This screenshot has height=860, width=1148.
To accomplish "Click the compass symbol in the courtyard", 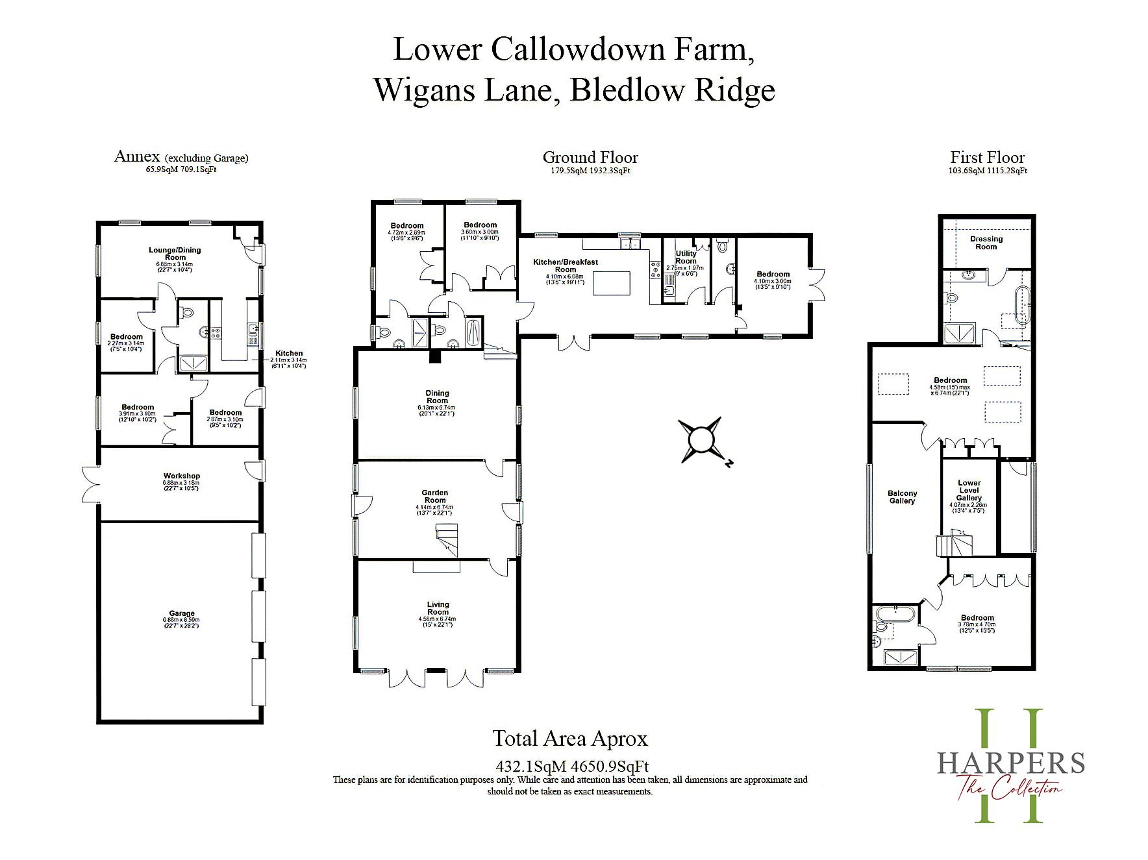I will (701, 439).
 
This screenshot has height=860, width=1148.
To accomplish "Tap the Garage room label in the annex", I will (182, 613).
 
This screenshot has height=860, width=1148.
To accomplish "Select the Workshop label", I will (182, 476).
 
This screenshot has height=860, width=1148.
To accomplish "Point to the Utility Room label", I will (686, 257).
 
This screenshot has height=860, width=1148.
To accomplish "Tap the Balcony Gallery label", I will (902, 497).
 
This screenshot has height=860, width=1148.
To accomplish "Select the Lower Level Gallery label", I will (969, 490).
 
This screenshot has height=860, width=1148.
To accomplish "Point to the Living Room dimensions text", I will (438, 622).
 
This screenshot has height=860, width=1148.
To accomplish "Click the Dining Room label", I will (437, 397).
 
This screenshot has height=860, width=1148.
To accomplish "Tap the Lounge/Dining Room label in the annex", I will (175, 253).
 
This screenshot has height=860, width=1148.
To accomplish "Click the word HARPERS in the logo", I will (1010, 762).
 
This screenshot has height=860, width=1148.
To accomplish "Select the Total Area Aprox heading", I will (570, 739).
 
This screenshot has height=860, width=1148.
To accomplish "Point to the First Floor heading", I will (987, 158).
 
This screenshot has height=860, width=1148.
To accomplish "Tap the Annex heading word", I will (136, 156).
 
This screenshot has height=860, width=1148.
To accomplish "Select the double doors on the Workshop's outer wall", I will (90, 484).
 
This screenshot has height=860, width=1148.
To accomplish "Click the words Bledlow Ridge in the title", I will (672, 90).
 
